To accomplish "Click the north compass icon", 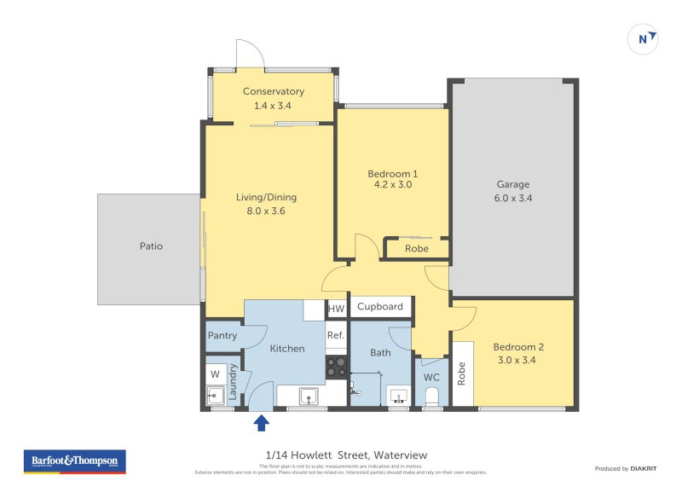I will pos(644,38).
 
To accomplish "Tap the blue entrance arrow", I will pos(261,421).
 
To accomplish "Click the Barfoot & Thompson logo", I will pos(74,461).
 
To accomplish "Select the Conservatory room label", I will pos(273,92).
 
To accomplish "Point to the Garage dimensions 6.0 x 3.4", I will pos(513,198).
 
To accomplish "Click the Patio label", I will pos(151,246).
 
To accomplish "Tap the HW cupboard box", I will pos(337,309).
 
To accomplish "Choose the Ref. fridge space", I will pos(336,335).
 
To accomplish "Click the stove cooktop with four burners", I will pos(336,367).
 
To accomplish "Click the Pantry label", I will pos(223,336).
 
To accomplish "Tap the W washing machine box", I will pos(215,373).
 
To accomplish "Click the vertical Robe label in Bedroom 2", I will pos(462,373).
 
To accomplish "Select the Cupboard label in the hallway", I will pos(380,307).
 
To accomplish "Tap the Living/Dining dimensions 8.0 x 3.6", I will pos(266,211).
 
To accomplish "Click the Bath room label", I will pos(380,352).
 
